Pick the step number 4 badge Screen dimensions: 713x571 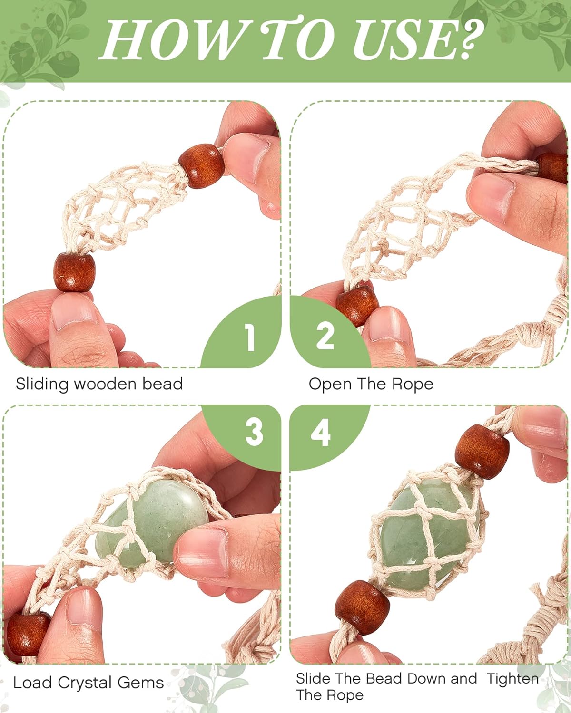coord(321,433)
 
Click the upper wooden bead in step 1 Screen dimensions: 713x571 coord(202,165)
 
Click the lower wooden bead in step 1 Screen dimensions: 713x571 coord(74,272)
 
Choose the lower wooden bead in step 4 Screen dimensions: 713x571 coord(362,606)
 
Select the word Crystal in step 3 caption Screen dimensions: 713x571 coord(85,683)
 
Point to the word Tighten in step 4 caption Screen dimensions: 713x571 coord(512,679)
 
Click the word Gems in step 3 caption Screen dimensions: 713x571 coord(140,683)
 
